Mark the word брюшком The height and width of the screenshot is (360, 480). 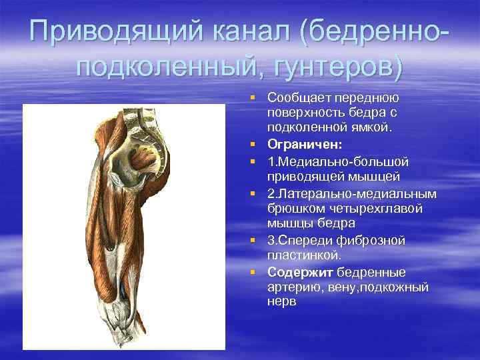click(x=291, y=209)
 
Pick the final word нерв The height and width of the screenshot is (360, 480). click(x=281, y=303)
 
